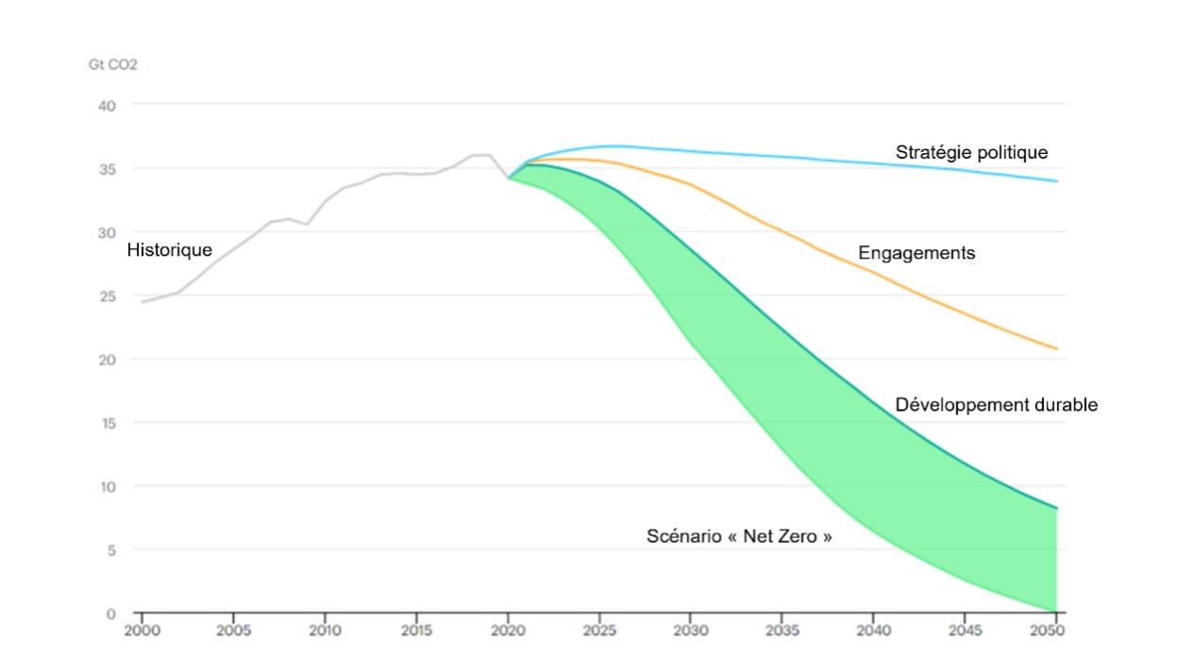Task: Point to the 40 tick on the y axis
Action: (107, 105)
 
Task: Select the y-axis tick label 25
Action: (107, 296)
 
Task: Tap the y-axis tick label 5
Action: (110, 550)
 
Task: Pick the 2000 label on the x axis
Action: (142, 630)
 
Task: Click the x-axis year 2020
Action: (508, 630)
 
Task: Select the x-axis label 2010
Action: (325, 630)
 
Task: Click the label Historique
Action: (169, 250)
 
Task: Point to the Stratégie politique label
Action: (971, 152)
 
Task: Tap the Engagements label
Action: (916, 253)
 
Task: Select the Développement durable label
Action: (996, 405)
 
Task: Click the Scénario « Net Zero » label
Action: (740, 536)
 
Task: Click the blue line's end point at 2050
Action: (1056, 181)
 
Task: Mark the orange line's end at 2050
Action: (1056, 349)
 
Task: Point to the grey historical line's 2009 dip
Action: (307, 224)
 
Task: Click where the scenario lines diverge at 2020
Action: (509, 178)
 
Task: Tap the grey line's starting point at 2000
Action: (143, 302)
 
